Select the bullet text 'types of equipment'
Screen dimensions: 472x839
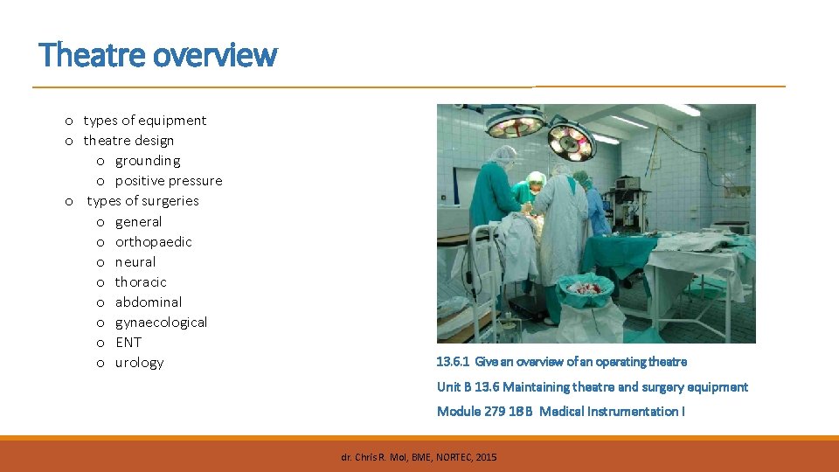point(145,121)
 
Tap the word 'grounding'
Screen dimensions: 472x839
point(148,161)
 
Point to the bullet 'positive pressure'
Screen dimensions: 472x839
point(169,181)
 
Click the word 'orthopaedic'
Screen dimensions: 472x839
point(154,242)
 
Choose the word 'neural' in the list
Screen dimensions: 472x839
point(135,262)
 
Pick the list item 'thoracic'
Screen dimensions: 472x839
point(141,282)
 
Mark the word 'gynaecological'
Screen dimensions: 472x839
point(162,323)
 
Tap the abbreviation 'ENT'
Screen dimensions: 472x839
point(128,343)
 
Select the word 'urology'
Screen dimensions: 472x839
point(140,363)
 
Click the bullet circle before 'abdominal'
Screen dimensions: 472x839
point(101,302)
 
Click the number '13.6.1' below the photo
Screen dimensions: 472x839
point(453,362)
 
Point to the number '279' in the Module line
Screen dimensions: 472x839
point(495,412)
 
